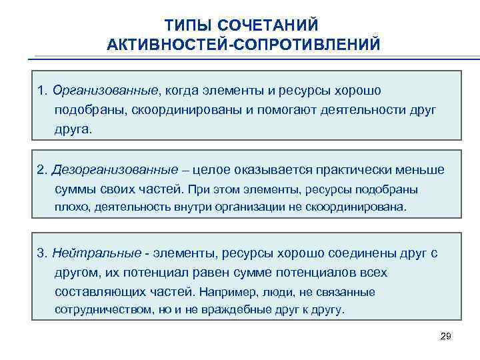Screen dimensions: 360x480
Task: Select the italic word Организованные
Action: click(107, 90)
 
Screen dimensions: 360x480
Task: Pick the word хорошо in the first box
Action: click(357, 90)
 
